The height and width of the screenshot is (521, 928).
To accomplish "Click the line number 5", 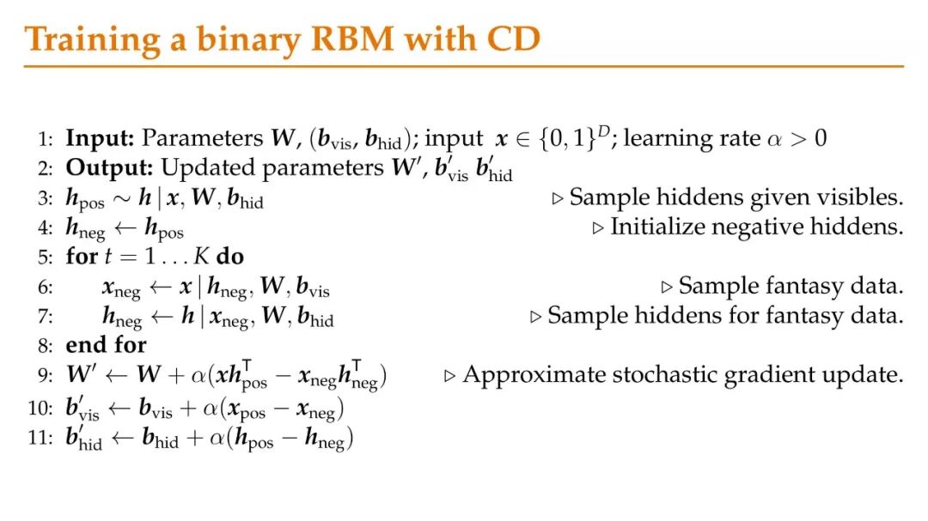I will coord(46,257).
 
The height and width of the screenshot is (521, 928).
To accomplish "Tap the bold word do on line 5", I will coord(229,257).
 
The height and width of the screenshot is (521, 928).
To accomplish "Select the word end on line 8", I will coord(82,345).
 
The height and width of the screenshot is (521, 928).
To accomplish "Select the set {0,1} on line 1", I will coord(562,139).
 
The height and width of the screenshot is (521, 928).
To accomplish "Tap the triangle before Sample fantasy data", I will coord(667,287).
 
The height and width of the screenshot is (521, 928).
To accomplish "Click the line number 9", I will coord(46,375).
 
